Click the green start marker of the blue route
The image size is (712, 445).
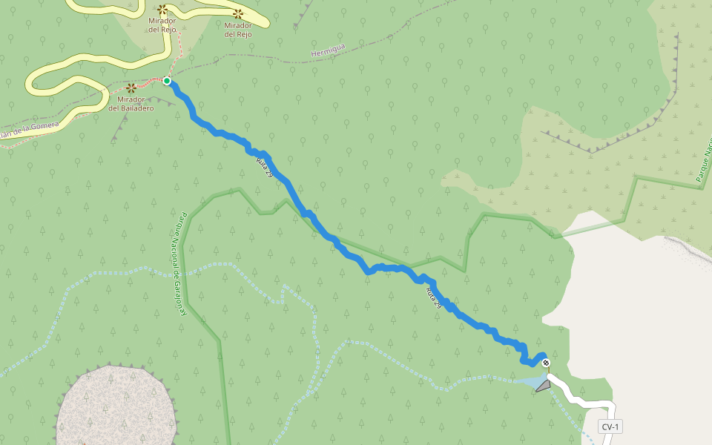(167, 81)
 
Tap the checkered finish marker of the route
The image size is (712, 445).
(546, 363)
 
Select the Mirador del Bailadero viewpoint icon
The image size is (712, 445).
(131, 88)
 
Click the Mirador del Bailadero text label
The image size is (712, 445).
(131, 103)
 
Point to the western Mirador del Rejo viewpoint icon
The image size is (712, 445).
(162, 10)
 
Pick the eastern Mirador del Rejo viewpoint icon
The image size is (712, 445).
(238, 13)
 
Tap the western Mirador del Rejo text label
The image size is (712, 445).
(162, 25)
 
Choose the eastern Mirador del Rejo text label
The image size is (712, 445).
(238, 29)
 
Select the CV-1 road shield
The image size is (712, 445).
(610, 426)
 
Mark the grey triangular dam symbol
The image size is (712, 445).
(544, 386)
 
